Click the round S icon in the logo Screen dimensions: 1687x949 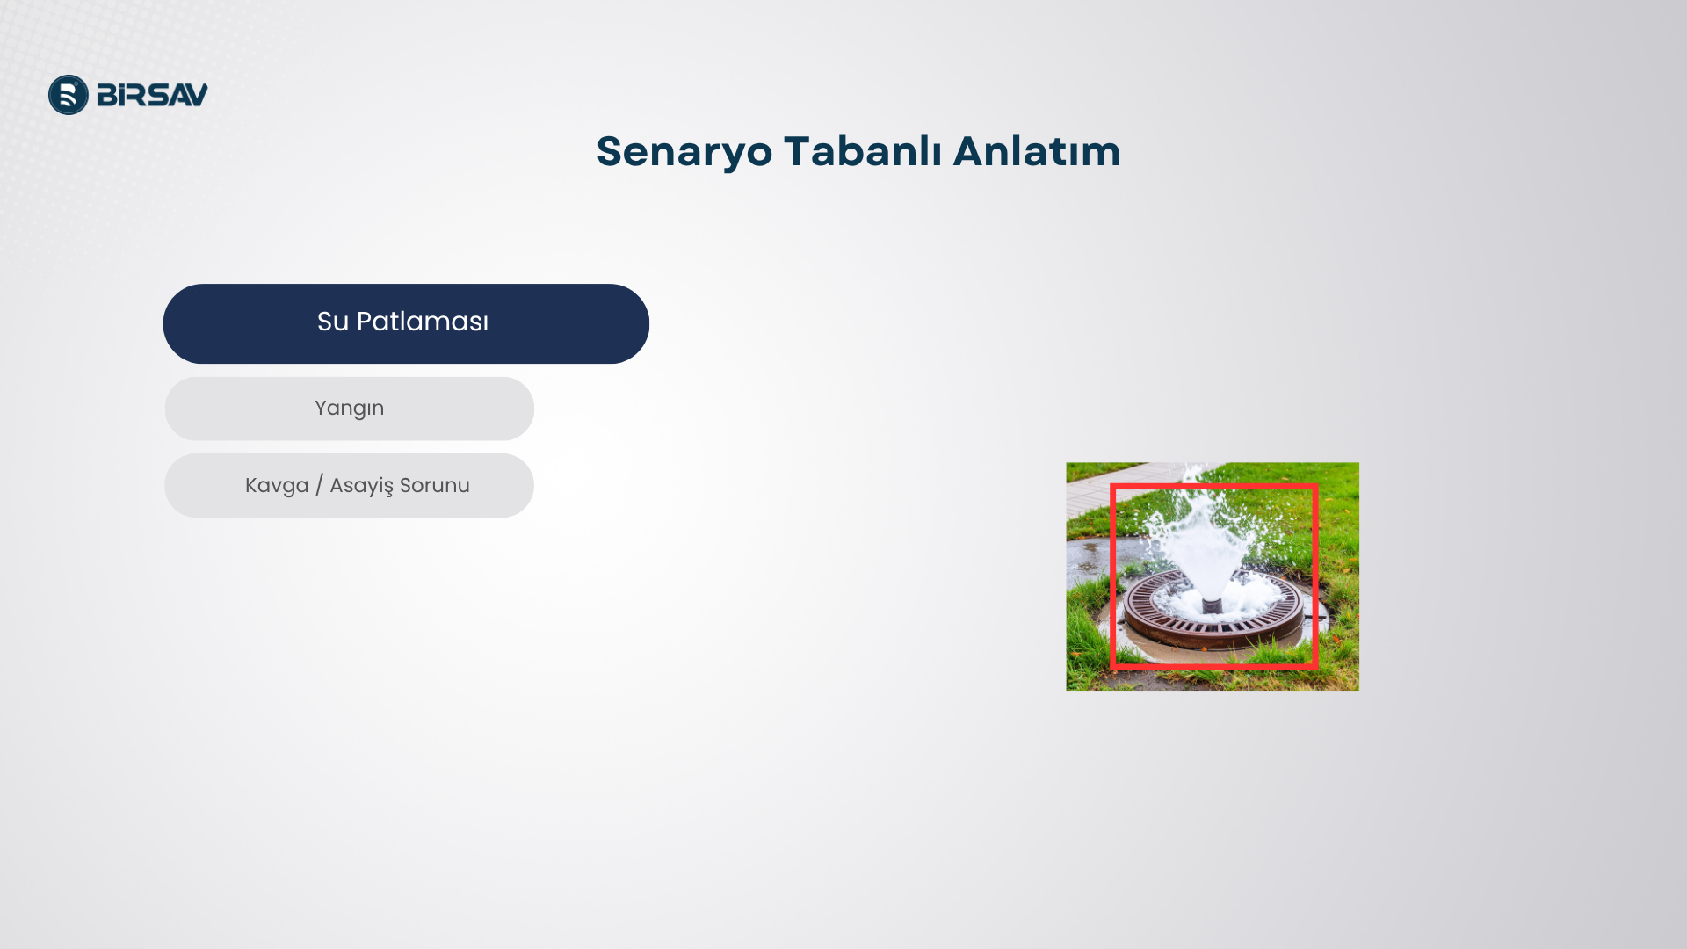(x=69, y=95)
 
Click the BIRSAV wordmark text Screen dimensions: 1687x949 (x=152, y=95)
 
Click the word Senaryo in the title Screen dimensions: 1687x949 (x=684, y=152)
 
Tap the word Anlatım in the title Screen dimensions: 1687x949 (x=1037, y=150)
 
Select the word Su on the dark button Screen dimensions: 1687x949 (x=333, y=322)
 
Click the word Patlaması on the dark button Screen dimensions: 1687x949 (x=423, y=322)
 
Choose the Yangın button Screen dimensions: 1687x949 (x=349, y=409)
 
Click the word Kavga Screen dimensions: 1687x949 (x=277, y=486)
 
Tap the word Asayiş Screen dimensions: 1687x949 (x=361, y=486)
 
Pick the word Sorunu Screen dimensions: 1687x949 (x=435, y=485)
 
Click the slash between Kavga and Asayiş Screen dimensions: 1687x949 (x=319, y=485)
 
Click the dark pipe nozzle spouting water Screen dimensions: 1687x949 (x=1212, y=605)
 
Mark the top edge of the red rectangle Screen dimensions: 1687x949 (x=1214, y=486)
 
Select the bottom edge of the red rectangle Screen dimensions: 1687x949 (x=1214, y=666)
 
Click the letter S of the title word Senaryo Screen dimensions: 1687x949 (x=609, y=151)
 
